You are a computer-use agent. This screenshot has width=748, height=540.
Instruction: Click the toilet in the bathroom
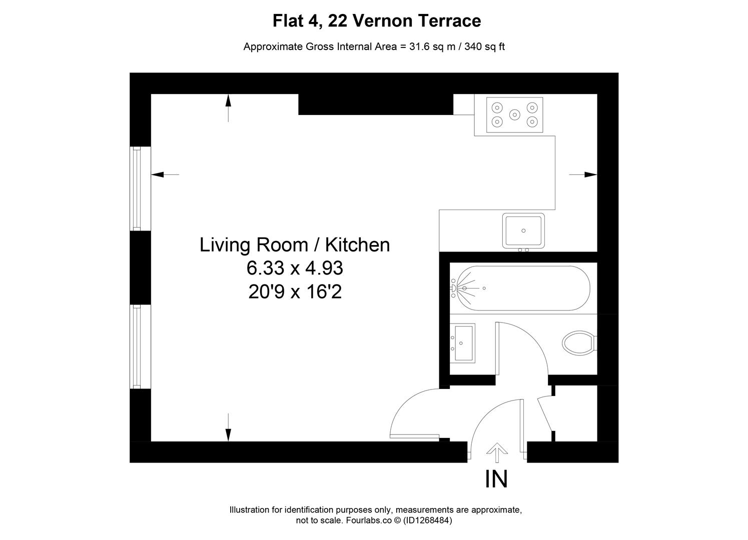click(x=578, y=343)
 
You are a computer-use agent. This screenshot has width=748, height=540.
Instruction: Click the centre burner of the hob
click(x=514, y=114)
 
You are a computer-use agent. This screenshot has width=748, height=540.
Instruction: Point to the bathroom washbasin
click(x=464, y=343)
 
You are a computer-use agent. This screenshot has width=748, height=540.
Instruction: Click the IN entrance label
click(x=496, y=479)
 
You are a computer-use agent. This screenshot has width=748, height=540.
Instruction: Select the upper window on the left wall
click(x=135, y=188)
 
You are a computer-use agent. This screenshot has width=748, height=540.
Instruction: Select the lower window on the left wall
click(x=135, y=346)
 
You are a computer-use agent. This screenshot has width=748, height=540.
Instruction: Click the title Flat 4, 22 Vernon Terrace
click(x=376, y=21)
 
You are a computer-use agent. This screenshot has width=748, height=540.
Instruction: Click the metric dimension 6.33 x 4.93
click(x=295, y=268)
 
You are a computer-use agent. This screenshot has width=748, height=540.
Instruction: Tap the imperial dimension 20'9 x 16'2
click(x=295, y=291)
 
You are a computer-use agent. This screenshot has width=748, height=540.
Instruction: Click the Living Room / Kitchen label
click(x=295, y=245)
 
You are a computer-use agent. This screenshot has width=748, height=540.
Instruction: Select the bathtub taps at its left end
click(x=454, y=288)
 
